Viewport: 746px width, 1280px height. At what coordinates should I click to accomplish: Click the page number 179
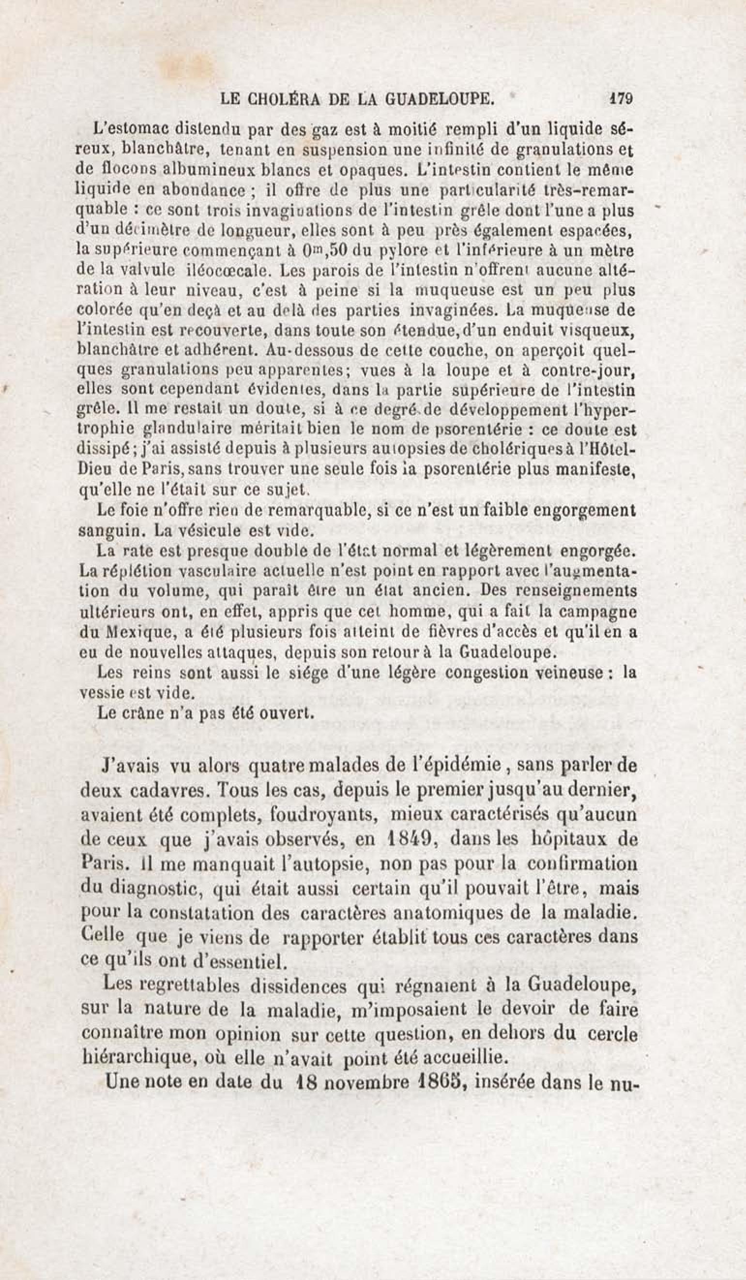pyautogui.click(x=620, y=97)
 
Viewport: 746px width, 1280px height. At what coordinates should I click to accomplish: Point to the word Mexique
pyautogui.click(x=132, y=632)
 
